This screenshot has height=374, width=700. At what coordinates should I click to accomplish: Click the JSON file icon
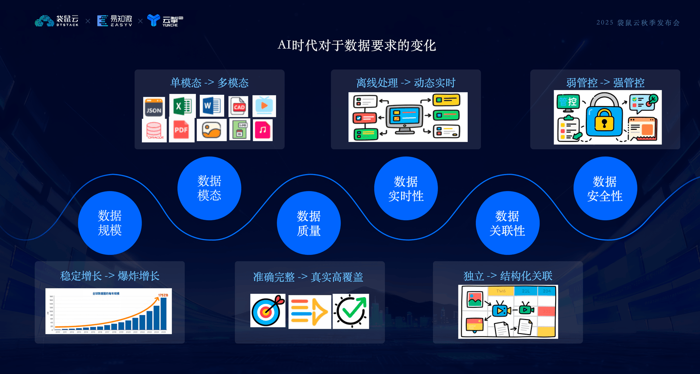point(154,107)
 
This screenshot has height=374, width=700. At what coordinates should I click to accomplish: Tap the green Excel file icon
point(182,106)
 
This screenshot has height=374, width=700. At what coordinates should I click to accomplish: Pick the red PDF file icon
point(181,130)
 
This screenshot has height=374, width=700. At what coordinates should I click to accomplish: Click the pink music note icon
point(262,130)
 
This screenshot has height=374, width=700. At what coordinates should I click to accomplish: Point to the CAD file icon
point(239,107)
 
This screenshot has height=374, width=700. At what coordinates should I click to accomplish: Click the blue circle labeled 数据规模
point(110,223)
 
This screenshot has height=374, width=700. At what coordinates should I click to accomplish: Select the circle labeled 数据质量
point(309,223)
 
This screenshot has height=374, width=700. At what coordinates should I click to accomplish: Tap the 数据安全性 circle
point(605,189)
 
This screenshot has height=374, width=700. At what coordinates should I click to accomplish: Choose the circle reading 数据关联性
point(507,223)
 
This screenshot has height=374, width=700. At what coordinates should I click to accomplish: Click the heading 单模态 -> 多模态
point(209,83)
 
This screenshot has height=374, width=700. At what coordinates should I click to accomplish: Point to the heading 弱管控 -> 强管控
point(605,83)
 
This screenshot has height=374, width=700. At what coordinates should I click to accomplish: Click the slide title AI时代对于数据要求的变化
point(357,45)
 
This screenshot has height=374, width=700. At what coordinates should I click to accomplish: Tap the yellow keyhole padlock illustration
point(604,118)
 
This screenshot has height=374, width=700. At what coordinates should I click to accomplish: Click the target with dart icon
point(268,311)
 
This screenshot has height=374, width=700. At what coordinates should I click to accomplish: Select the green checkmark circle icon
point(351,311)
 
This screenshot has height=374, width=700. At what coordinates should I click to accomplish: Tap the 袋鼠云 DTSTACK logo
point(56,21)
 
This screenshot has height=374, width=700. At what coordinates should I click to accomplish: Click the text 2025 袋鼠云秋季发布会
point(638,23)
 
